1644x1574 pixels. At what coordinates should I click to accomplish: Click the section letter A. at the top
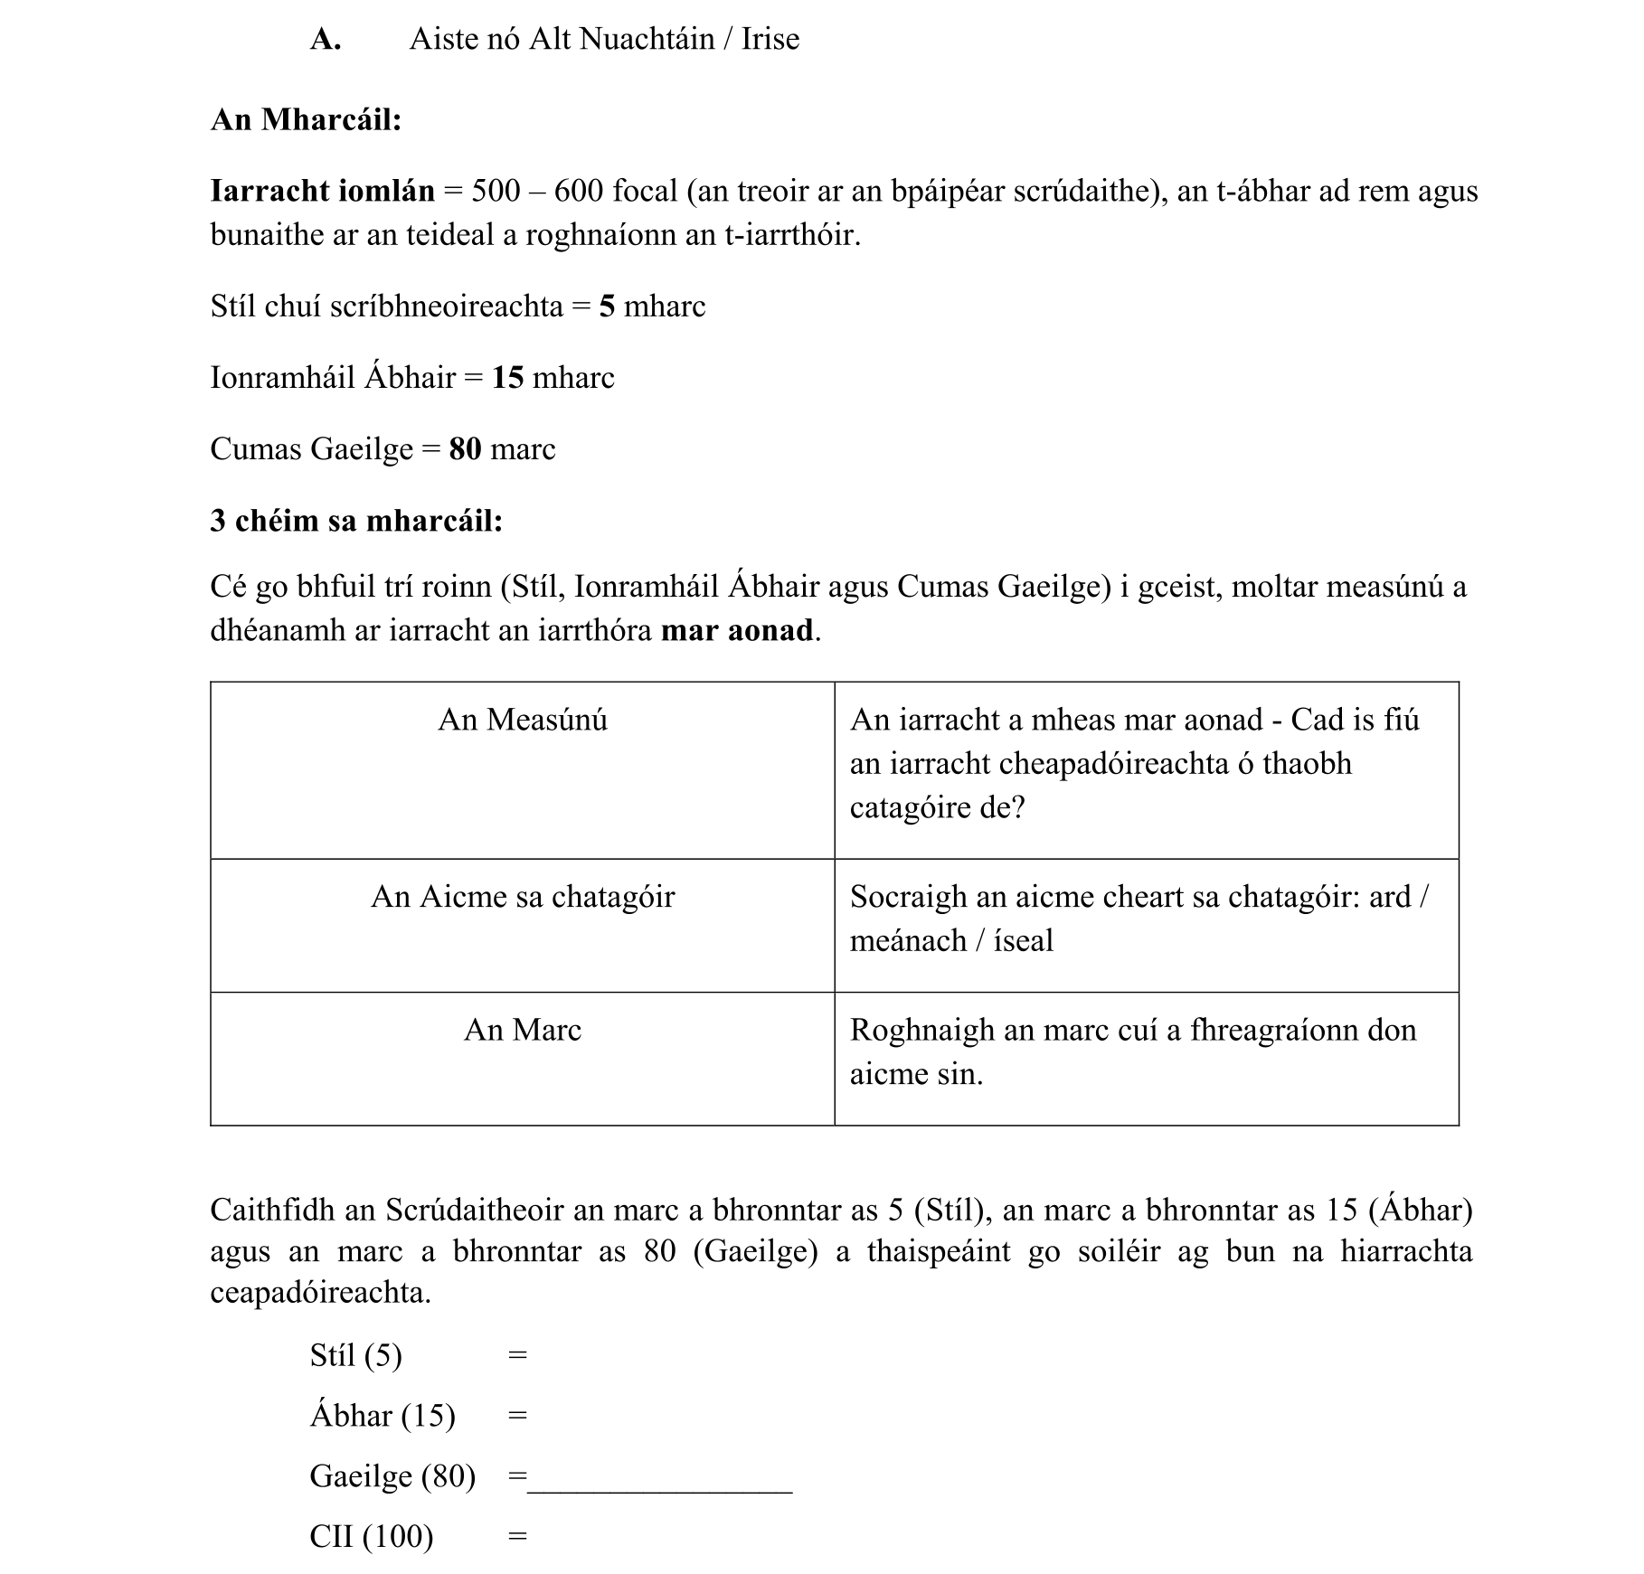[325, 40]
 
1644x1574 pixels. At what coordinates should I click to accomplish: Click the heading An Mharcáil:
[306, 119]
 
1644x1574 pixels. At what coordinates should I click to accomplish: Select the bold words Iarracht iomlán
[322, 191]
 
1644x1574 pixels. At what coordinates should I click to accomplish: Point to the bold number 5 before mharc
[607, 306]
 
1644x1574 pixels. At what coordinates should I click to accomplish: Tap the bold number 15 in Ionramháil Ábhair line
[507, 378]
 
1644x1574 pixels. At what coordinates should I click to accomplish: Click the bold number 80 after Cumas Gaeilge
[465, 449]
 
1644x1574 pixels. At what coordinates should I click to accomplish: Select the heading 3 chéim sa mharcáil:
[356, 521]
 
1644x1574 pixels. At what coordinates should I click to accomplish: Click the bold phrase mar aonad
[737, 630]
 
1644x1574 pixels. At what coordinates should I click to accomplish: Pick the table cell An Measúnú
[523, 720]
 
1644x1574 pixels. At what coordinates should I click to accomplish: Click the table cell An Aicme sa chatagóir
[523, 897]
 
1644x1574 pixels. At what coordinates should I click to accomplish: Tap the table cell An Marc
[523, 1030]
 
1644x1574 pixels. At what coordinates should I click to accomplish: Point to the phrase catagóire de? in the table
[937, 806]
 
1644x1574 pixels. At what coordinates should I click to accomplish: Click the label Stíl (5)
[355, 1355]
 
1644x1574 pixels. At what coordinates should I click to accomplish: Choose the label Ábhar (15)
[383, 1416]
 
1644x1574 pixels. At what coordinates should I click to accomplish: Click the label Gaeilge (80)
[392, 1476]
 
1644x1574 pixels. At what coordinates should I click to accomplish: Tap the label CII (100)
[372, 1537]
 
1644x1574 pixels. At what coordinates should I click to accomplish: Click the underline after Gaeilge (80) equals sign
[659, 1490]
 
